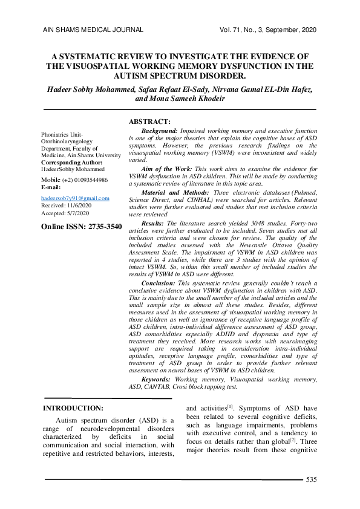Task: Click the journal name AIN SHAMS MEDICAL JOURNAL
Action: pos(93,30)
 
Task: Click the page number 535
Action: pos(312,479)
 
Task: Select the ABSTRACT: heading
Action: pos(150,121)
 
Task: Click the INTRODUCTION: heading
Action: pos(77,408)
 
